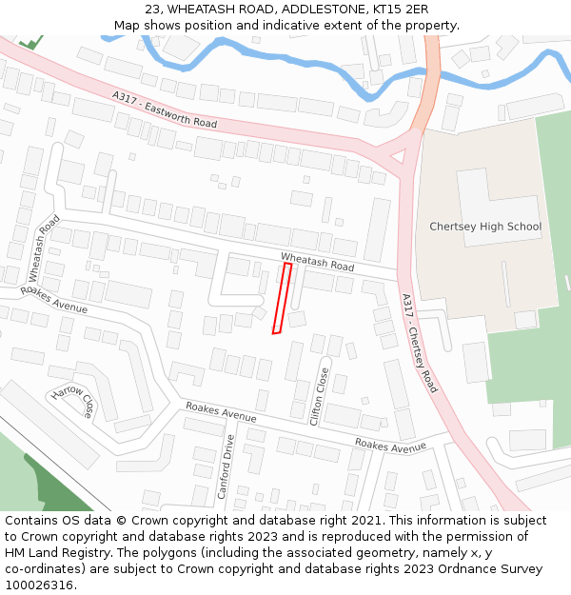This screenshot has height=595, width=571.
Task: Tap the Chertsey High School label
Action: tap(484, 227)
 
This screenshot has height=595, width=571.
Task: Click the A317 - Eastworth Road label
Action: tap(164, 110)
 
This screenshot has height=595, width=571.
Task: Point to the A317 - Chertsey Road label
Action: tap(419, 343)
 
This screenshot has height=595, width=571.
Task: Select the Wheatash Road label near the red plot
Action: tap(317, 262)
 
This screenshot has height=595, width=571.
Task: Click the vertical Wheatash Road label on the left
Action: tap(44, 247)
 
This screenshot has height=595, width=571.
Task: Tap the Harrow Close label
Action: tap(74, 402)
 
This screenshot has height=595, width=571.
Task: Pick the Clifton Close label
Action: tap(320, 395)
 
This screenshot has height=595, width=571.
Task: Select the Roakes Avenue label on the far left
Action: tap(54, 300)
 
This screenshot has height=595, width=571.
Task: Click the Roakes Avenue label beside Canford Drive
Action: tap(221, 411)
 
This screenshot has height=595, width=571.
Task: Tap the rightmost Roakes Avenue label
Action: tap(390, 446)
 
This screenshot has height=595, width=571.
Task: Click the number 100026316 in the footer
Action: tap(38, 585)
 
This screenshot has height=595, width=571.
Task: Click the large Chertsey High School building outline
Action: tap(500, 205)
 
